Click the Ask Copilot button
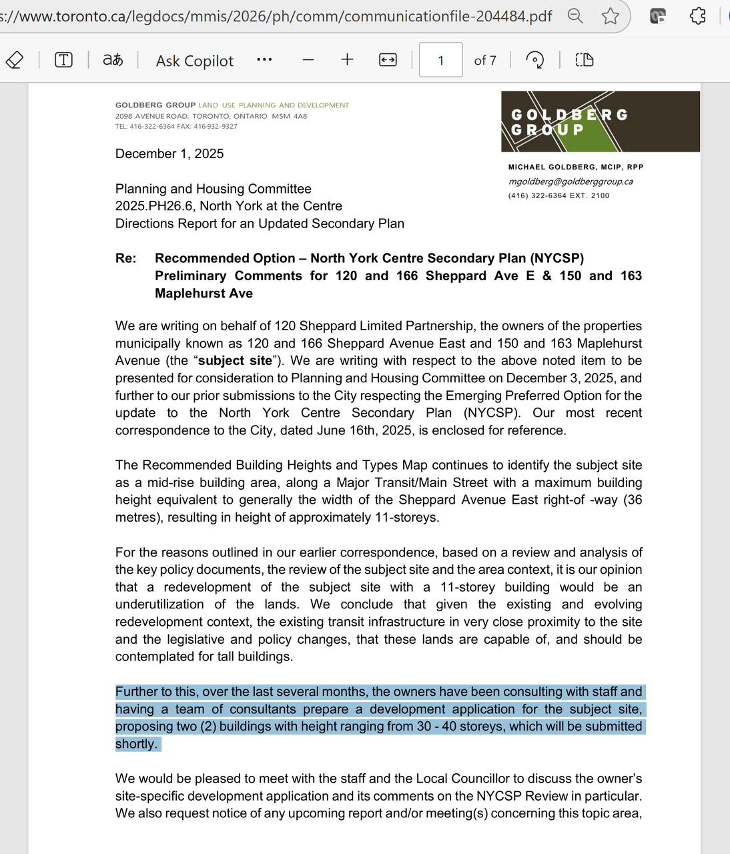point(194,61)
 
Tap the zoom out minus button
point(308,60)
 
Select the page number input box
point(440,60)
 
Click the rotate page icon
point(534,60)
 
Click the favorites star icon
point(610,16)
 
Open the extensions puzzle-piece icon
point(697,16)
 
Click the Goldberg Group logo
point(600,121)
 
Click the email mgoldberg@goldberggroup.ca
point(571,181)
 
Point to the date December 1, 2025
point(169,154)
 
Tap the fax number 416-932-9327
point(215,126)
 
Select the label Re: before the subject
point(125,258)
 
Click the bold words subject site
point(235,361)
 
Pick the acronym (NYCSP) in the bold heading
point(557,258)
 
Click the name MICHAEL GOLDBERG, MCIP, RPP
point(575,167)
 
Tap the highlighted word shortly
point(136,744)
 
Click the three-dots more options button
point(264,60)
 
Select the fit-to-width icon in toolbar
point(388,60)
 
